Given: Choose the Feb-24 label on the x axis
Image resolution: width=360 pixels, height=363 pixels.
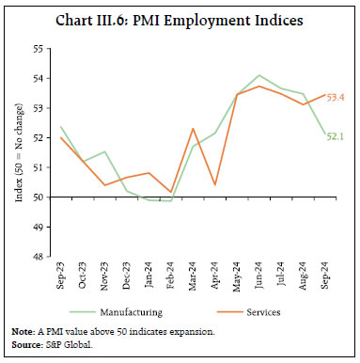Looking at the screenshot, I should coord(170,278).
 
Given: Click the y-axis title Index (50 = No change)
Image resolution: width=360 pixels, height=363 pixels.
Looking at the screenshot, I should coord(17,150).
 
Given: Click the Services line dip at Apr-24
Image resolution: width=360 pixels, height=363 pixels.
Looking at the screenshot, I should coord(215,184).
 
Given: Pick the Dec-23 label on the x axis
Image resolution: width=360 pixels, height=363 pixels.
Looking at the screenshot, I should coord(126,278).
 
